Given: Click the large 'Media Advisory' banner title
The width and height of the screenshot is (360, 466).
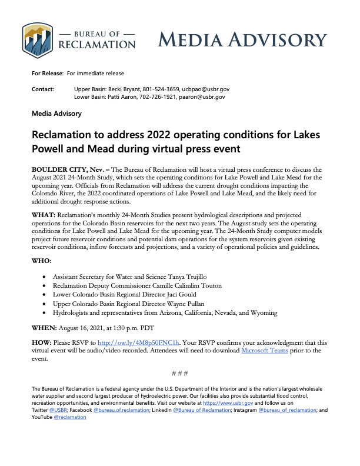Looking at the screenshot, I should pos(242,40).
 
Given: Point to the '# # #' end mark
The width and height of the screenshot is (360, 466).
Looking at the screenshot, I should pos(179,374).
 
